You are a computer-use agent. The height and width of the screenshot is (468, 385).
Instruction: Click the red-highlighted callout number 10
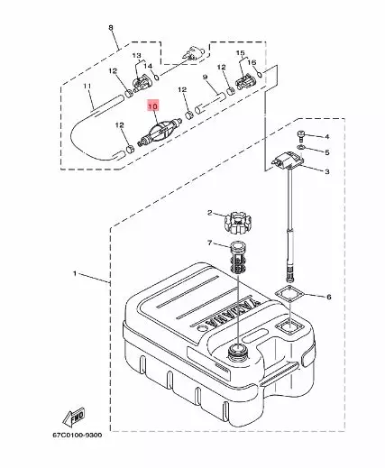click(x=152, y=106)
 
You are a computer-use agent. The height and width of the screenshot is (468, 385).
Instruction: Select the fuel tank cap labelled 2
click(x=237, y=223)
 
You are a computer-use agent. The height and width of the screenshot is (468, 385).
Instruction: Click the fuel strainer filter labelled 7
click(x=238, y=258)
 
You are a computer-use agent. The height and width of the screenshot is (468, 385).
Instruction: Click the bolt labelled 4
click(x=301, y=134)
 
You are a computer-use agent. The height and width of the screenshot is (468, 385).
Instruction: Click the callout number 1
click(x=75, y=273)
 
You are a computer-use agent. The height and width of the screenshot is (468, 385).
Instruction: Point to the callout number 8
click(x=111, y=28)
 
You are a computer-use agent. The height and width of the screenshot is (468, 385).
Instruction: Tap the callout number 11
click(x=87, y=87)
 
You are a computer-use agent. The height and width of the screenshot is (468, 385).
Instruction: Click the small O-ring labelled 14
click(x=157, y=78)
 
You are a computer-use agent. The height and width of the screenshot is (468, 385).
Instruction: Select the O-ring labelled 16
click(x=261, y=73)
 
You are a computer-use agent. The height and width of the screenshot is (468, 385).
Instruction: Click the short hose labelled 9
click(x=210, y=103)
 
